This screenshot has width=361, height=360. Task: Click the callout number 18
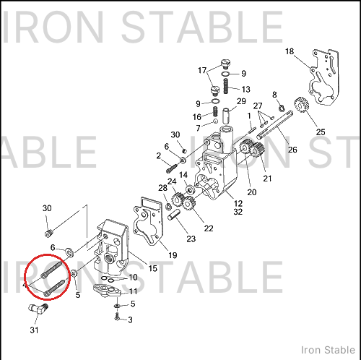click(290, 51)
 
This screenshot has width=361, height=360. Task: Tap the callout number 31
click(34, 330)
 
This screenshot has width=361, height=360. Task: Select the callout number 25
click(321, 132)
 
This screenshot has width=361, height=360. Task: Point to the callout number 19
click(173, 255)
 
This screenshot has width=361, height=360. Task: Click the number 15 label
click(152, 268)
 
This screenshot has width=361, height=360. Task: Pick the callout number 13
click(245, 90)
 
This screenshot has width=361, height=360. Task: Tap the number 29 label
click(241, 101)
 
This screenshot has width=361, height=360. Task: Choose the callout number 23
click(191, 239)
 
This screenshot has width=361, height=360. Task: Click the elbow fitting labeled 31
click(38, 309)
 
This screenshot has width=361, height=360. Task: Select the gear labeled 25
click(301, 105)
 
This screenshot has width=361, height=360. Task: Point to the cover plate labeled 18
click(324, 77)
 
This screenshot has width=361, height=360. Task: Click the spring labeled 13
click(225, 86)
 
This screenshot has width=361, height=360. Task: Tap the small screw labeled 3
click(117, 317)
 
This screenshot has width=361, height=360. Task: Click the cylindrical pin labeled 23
click(174, 215)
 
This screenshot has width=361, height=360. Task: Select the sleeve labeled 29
click(226, 116)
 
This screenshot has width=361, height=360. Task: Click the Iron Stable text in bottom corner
click(328, 350)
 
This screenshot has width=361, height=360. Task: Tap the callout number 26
click(292, 150)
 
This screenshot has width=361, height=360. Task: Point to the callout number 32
click(238, 212)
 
